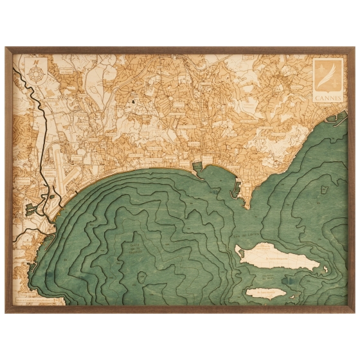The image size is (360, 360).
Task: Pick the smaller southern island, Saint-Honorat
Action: pyautogui.click(x=266, y=294)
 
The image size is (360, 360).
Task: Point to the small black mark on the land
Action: pyautogui.click(x=134, y=101)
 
